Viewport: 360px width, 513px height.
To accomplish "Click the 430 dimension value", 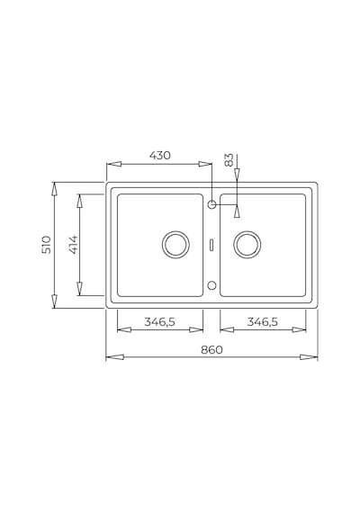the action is [160, 155].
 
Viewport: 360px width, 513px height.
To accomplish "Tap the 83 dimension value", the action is [229, 159].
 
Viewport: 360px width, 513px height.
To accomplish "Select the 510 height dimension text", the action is [47, 245].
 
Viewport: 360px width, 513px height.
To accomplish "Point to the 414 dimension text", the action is [73, 245].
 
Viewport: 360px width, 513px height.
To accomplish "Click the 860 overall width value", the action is [211, 350].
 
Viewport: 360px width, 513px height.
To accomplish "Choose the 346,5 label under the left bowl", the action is [159, 322].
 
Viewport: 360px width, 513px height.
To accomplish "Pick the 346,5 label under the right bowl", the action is [262, 322].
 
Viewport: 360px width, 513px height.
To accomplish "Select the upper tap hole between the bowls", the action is [211, 205].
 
